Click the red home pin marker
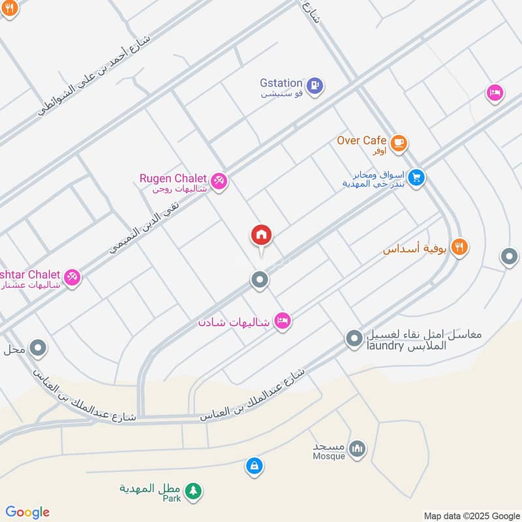click(x=261, y=236)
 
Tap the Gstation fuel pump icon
click(x=315, y=85)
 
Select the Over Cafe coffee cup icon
click(x=398, y=142)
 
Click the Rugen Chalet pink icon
click(x=219, y=181)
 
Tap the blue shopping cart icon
click(x=416, y=177)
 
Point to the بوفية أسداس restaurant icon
click(x=459, y=247)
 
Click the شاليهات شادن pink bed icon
click(x=282, y=320)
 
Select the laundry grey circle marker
click(x=354, y=338)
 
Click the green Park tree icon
click(x=192, y=491)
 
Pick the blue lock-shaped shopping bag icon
click(x=253, y=466)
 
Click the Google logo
click(x=27, y=512)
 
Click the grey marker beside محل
click(x=38, y=348)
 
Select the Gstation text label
click(x=281, y=84)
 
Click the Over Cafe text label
click(x=361, y=140)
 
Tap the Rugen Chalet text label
click(x=172, y=178)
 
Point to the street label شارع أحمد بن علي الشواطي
click(x=94, y=76)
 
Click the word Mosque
click(x=329, y=456)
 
